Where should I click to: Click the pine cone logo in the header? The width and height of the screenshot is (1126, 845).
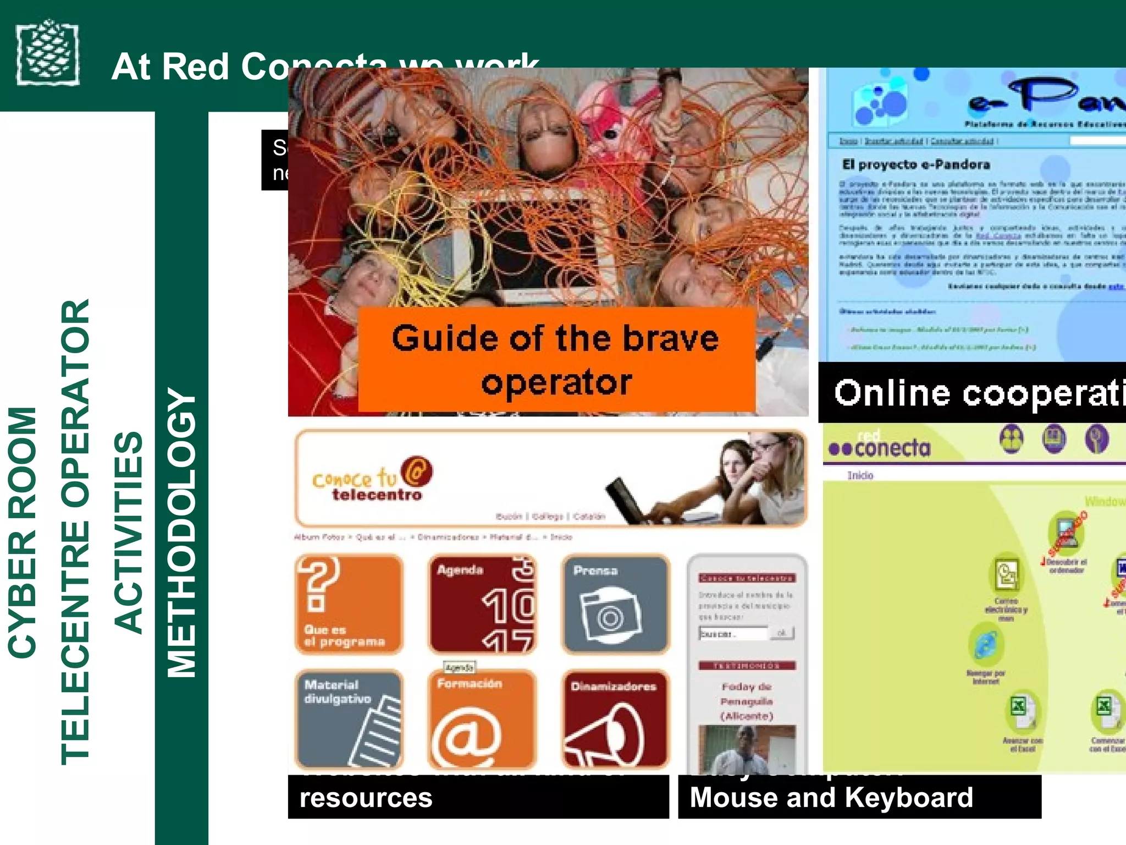pos(47,53)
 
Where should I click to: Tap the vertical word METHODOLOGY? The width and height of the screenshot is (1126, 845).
pos(181,533)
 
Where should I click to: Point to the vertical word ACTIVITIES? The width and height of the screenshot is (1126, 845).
pos(129,533)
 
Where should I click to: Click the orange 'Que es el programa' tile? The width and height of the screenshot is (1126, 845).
pos(349,604)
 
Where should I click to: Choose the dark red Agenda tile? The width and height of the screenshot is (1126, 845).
pos(482,604)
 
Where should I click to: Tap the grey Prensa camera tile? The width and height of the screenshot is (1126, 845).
pos(615,604)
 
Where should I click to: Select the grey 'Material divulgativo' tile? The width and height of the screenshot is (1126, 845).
pos(349,718)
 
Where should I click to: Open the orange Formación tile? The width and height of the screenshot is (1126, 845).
pos(482,718)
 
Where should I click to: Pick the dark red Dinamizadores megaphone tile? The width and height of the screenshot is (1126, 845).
pos(615,718)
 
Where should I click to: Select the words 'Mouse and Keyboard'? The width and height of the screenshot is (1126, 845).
pos(831,797)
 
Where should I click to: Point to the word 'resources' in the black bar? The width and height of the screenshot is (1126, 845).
pos(366,798)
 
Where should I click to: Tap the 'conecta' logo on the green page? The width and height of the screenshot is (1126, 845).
pos(880,448)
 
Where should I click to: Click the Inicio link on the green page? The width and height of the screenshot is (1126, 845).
pos(860,475)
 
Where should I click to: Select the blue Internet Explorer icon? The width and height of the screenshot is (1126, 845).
pos(985,645)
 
